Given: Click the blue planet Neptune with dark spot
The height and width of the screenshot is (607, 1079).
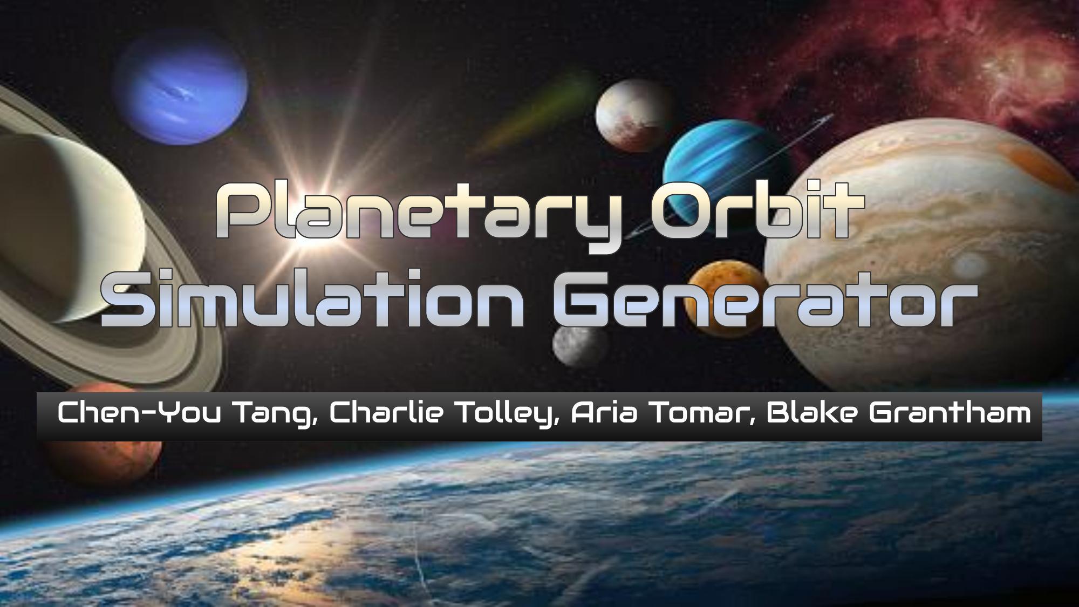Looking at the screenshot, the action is [181, 93].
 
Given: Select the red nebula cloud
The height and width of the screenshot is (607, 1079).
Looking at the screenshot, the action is [917, 59].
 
